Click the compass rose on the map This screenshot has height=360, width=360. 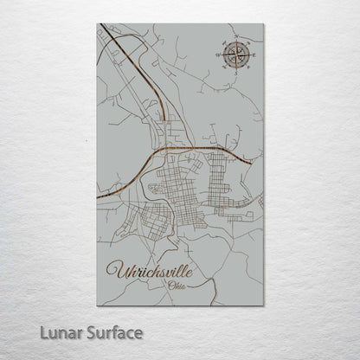click(x=234, y=55)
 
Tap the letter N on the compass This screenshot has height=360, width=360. click(x=234, y=37)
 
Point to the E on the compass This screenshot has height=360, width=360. click(x=251, y=55)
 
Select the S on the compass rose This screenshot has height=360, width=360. click(x=234, y=74)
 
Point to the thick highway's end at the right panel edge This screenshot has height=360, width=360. click(x=252, y=162)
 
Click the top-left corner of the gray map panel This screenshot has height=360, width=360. click(x=97, y=24)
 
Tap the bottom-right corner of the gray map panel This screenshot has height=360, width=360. click(x=264, y=305)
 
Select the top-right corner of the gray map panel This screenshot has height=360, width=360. click(x=264, y=24)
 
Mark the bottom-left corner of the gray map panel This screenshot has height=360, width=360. click(x=97, y=305)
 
